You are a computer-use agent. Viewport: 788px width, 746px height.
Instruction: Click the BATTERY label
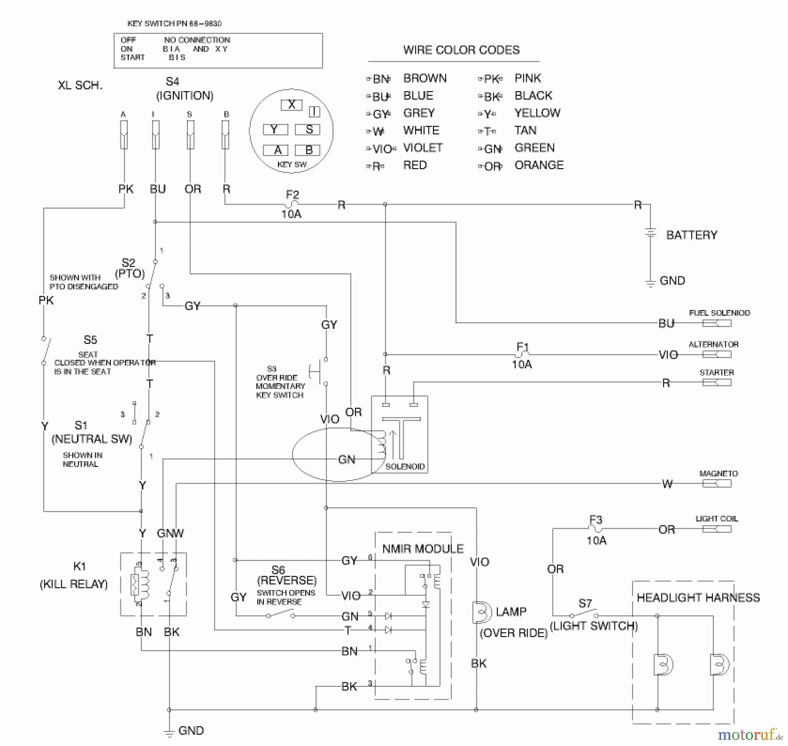691,235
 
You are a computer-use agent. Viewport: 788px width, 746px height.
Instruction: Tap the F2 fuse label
292,194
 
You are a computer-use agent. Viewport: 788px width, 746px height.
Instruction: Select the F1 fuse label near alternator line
523,347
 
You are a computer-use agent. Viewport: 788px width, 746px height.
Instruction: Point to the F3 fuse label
595,520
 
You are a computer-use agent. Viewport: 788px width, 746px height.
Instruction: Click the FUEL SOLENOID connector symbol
717,323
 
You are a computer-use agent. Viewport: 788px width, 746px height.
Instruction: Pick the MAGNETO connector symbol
717,484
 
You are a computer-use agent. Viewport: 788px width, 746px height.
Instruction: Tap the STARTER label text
716,372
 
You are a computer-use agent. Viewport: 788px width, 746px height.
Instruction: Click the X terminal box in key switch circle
291,105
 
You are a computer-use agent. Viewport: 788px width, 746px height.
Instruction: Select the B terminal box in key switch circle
308,150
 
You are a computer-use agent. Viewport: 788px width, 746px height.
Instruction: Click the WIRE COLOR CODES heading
461,50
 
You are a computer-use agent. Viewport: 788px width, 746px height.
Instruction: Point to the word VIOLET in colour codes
422,148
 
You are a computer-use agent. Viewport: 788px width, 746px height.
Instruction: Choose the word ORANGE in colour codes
539,165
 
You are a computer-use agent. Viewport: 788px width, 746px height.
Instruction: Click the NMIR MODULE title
422,549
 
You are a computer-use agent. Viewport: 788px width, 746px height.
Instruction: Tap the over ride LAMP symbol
481,612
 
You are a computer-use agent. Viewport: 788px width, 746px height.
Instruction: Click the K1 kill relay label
79,566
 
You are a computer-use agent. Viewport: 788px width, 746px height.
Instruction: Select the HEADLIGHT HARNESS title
698,598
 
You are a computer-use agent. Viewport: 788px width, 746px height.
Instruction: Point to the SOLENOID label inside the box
405,467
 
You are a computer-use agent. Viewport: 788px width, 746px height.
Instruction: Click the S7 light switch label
585,603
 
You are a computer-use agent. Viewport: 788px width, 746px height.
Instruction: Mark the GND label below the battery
672,280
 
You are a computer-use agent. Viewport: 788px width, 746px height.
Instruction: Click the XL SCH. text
80,85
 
